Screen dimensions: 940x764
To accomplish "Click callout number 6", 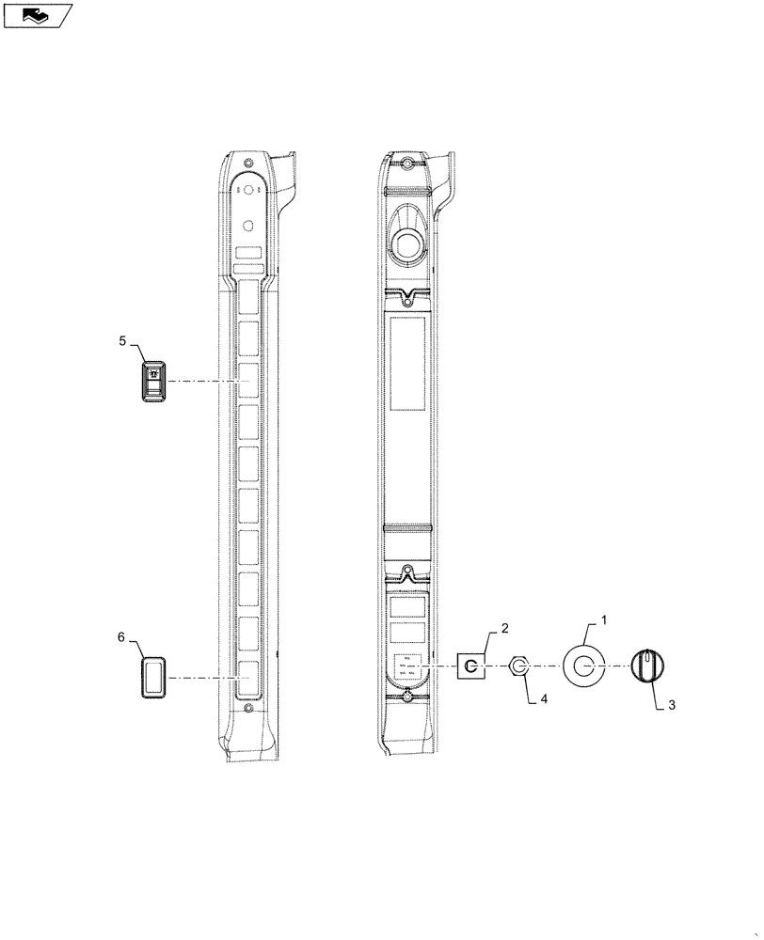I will [x=120, y=637].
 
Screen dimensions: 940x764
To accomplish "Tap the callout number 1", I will [x=604, y=620].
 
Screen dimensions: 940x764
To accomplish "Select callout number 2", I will [x=504, y=627].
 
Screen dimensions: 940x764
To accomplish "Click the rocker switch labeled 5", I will [x=153, y=382].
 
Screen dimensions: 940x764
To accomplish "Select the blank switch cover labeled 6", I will [x=153, y=678].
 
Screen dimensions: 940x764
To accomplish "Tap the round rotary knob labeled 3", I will [x=646, y=666].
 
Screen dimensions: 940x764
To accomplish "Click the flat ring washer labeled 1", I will [x=583, y=666].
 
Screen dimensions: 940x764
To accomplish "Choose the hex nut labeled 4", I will [x=518, y=667].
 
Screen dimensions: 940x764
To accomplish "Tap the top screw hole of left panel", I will [x=248, y=164].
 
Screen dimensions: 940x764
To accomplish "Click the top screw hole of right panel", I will [x=406, y=165].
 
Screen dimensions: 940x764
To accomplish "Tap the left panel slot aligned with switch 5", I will [x=247, y=382].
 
